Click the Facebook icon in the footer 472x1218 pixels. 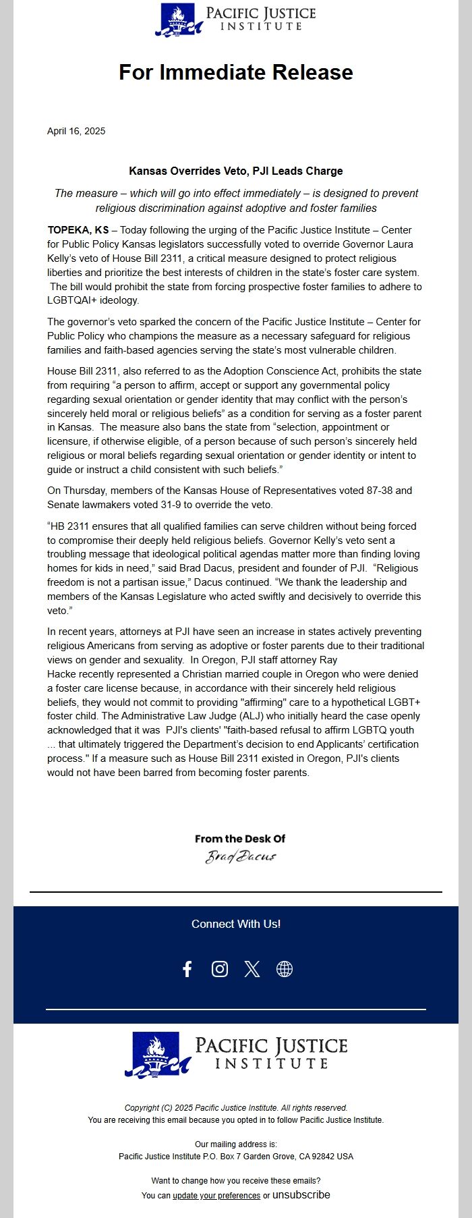[x=187, y=969]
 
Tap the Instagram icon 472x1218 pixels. [x=220, y=969]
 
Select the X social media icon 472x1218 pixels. [x=252, y=969]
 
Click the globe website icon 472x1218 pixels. [x=285, y=969]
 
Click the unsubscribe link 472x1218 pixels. [x=301, y=1194]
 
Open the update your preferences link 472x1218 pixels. [x=216, y=1195]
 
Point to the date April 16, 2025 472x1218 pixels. [x=76, y=131]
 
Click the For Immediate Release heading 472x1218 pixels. [x=236, y=72]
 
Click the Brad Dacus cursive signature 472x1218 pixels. [x=241, y=857]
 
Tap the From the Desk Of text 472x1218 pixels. [x=240, y=839]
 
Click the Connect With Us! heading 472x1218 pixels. [x=236, y=924]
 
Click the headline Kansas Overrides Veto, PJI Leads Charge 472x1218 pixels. [x=236, y=171]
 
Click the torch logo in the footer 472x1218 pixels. [x=156, y=1054]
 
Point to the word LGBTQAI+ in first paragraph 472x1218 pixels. [x=73, y=300]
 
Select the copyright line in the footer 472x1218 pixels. [x=236, y=1107]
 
